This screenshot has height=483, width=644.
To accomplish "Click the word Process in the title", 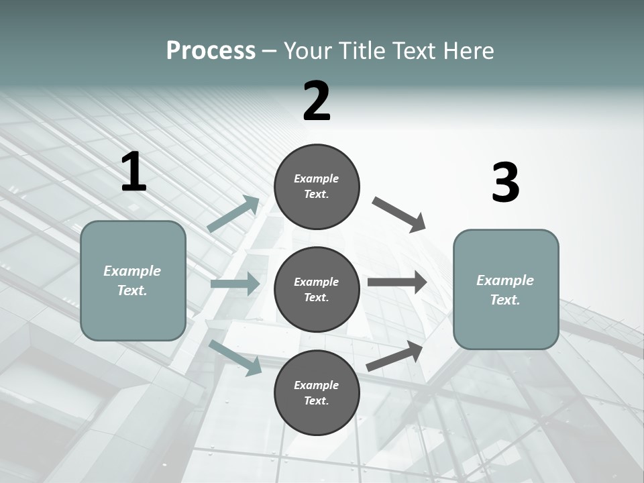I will pos(211,51).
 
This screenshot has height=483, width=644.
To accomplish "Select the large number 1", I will pos(133,172).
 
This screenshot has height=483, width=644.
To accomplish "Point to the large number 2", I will pos(317,101).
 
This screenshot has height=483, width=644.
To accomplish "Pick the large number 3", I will pos(505,183).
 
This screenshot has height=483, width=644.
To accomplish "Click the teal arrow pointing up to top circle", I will pos(233,214).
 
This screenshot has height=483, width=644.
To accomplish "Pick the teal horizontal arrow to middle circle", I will pos(235,284).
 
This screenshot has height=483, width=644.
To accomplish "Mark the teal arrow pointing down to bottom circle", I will pos(235,357).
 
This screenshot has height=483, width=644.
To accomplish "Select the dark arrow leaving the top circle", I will pos(399,215).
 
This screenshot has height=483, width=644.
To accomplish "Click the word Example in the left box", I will pos(132,271).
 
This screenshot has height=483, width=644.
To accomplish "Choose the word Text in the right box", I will pos(504,300).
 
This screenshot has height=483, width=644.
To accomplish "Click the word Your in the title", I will pos(307,51).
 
